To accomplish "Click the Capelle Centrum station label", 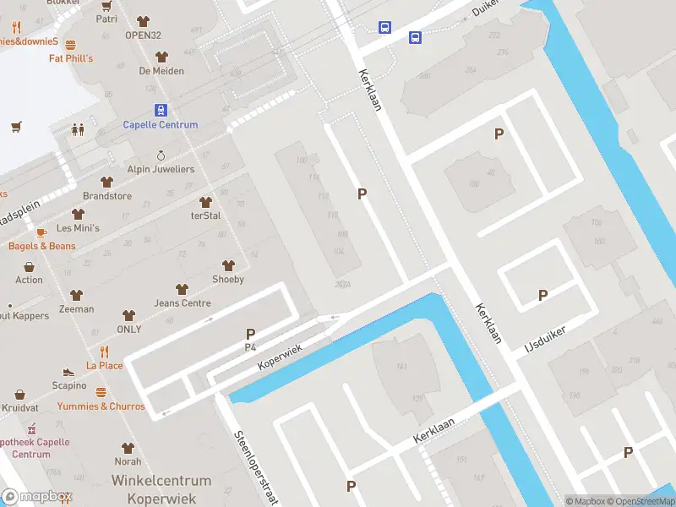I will pyautogui.click(x=161, y=125).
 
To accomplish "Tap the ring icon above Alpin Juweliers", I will pyautogui.click(x=161, y=155).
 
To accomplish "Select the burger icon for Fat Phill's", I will pyautogui.click(x=70, y=45).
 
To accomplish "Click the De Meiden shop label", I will pyautogui.click(x=161, y=71).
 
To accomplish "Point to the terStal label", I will pyautogui.click(x=205, y=215).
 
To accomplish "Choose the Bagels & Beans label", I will pyautogui.click(x=42, y=246).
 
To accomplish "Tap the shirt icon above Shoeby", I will pyautogui.click(x=227, y=265).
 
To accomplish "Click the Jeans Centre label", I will pyautogui.click(x=183, y=303).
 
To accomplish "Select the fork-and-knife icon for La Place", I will pyautogui.click(x=105, y=352).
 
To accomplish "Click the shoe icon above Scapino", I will pyautogui.click(x=69, y=372).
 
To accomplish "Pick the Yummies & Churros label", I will pyautogui.click(x=101, y=406).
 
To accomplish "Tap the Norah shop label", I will pyautogui.click(x=128, y=461).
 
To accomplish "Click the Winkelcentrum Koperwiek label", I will pyautogui.click(x=161, y=489).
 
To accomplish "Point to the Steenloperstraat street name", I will pyautogui.click(x=256, y=467).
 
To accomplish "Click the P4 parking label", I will pyautogui.click(x=250, y=347).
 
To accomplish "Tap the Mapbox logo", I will pyautogui.click(x=37, y=496).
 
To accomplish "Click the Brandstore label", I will pyautogui.click(x=107, y=195).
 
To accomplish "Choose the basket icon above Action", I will pyautogui.click(x=29, y=265).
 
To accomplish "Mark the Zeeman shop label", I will pyautogui.click(x=77, y=309).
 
